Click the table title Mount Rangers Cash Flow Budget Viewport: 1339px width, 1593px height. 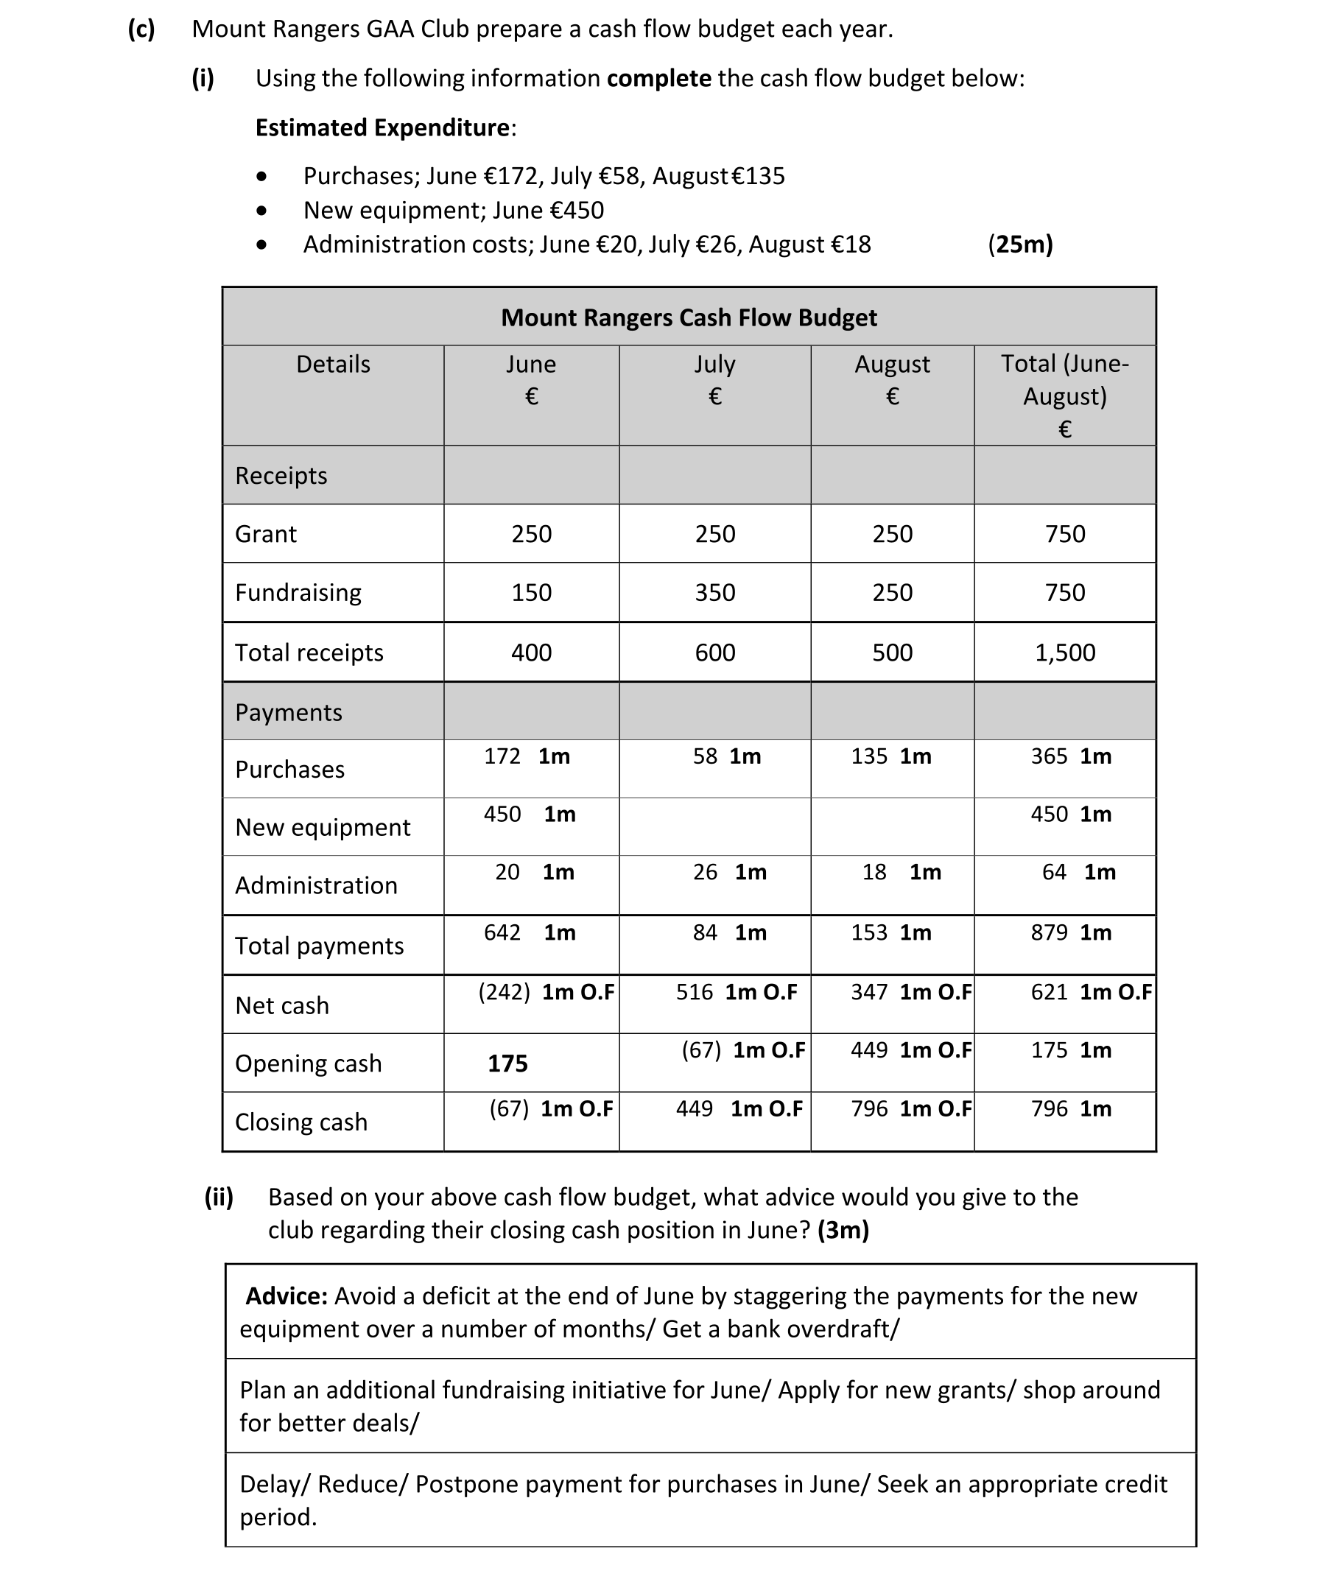[x=689, y=317]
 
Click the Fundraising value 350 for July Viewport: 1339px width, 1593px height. [x=715, y=592]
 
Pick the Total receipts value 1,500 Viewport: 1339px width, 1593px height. [x=1065, y=653]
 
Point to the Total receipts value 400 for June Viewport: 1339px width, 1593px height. [x=531, y=653]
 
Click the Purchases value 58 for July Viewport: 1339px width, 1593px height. [x=705, y=756]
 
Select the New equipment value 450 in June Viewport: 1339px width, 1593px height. [x=502, y=815]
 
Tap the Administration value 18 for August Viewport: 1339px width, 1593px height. [x=874, y=872]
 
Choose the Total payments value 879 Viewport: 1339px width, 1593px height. [x=1049, y=932]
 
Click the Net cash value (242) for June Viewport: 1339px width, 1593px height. [x=504, y=992]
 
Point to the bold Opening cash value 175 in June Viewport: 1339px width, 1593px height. [x=507, y=1063]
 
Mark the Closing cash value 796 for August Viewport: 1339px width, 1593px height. [x=869, y=1109]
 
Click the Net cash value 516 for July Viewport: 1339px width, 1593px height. [x=695, y=992]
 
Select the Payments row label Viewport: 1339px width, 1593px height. [x=289, y=713]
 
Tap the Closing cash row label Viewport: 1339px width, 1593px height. [x=301, y=1122]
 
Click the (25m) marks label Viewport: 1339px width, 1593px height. [x=1020, y=245]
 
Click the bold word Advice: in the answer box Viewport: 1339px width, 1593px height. [x=287, y=1295]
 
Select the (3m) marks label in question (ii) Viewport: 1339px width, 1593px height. [x=843, y=1229]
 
